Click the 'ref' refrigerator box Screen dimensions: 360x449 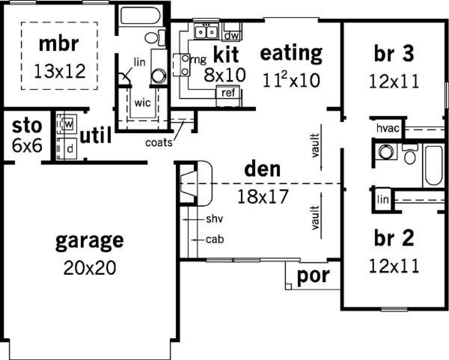point(228,92)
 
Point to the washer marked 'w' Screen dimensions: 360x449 point(68,124)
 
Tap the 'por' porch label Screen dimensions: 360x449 point(314,276)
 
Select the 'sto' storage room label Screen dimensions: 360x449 point(27,126)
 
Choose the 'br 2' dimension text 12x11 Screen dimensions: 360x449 point(394,266)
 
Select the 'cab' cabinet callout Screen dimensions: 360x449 point(215,239)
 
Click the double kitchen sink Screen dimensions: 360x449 point(206,31)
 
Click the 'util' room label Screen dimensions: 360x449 point(96,135)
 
